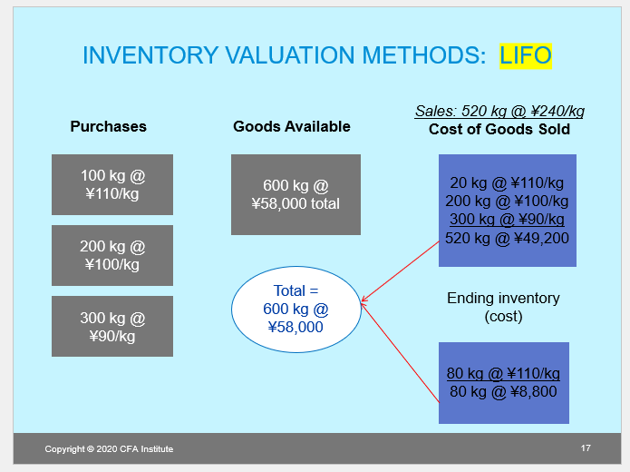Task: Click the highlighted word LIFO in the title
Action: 525,55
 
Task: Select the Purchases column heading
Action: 108,127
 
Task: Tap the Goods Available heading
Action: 291,127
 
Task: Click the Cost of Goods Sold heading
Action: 499,129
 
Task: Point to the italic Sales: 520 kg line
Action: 499,112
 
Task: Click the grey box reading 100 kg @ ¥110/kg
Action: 112,184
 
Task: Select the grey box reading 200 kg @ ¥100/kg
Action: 112,255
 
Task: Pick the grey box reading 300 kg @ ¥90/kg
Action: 112,326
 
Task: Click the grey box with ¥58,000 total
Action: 296,194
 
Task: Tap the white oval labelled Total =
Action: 296,310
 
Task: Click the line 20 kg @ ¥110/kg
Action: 507,182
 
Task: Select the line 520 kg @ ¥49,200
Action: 507,238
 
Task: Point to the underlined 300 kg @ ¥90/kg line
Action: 507,220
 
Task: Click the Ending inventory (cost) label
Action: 503,307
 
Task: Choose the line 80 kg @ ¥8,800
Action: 503,392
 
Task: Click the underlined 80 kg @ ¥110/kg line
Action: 503,374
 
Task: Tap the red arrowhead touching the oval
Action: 364,301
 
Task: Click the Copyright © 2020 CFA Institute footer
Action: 109,449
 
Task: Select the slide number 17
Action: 586,448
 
